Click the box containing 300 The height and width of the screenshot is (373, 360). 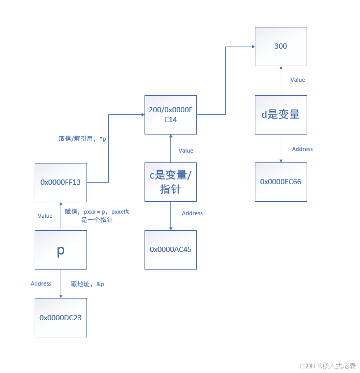pos(281,47)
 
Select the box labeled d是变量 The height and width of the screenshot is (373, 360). pos(281,115)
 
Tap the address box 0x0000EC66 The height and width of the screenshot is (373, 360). pos(281,182)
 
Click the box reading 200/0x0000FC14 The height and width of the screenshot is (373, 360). pos(170,115)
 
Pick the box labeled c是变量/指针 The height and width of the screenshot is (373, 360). pos(170,182)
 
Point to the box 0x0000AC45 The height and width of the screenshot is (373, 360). pos(170,249)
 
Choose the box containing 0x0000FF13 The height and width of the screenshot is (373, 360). pos(61,182)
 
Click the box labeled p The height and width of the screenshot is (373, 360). pos(61,250)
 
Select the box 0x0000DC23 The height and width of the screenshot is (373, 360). pos(61,318)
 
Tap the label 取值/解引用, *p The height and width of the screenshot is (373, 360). pos(82,139)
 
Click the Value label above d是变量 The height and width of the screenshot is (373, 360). pos(298,80)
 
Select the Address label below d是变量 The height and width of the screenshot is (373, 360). pos(303,149)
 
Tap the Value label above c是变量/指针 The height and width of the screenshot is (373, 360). pos(186,151)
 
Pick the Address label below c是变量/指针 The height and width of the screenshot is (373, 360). pos(192,213)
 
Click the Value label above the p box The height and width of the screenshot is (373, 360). pos(45,216)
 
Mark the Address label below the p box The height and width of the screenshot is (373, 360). pos(41,284)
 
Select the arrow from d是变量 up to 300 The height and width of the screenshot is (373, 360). pos(281,81)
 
